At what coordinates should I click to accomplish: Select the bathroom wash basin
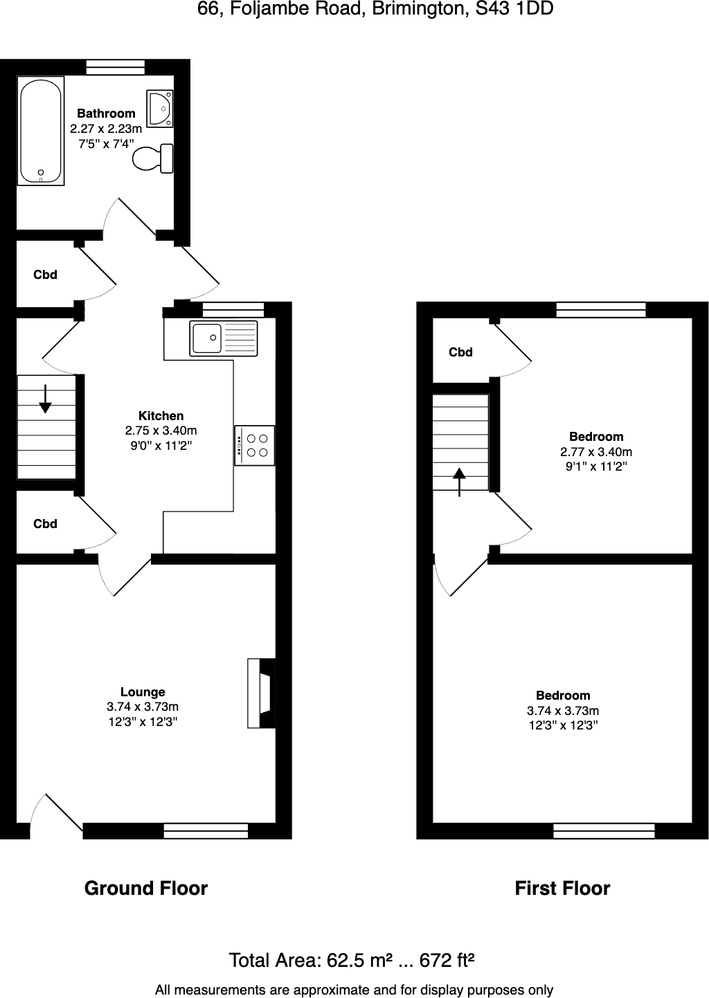161,108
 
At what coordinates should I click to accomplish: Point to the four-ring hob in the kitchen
255,445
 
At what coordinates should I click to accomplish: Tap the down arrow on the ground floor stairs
45,399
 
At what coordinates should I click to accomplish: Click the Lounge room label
143,691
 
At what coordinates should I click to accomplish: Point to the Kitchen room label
161,415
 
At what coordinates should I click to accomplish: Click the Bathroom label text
106,114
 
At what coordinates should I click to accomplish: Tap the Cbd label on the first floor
460,352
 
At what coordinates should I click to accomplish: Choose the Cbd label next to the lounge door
45,524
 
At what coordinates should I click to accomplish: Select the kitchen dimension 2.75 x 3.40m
161,430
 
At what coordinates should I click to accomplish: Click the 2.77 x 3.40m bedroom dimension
596,452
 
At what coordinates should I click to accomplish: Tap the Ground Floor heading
146,888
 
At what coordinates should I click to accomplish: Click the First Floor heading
562,888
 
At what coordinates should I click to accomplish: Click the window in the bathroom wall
116,66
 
